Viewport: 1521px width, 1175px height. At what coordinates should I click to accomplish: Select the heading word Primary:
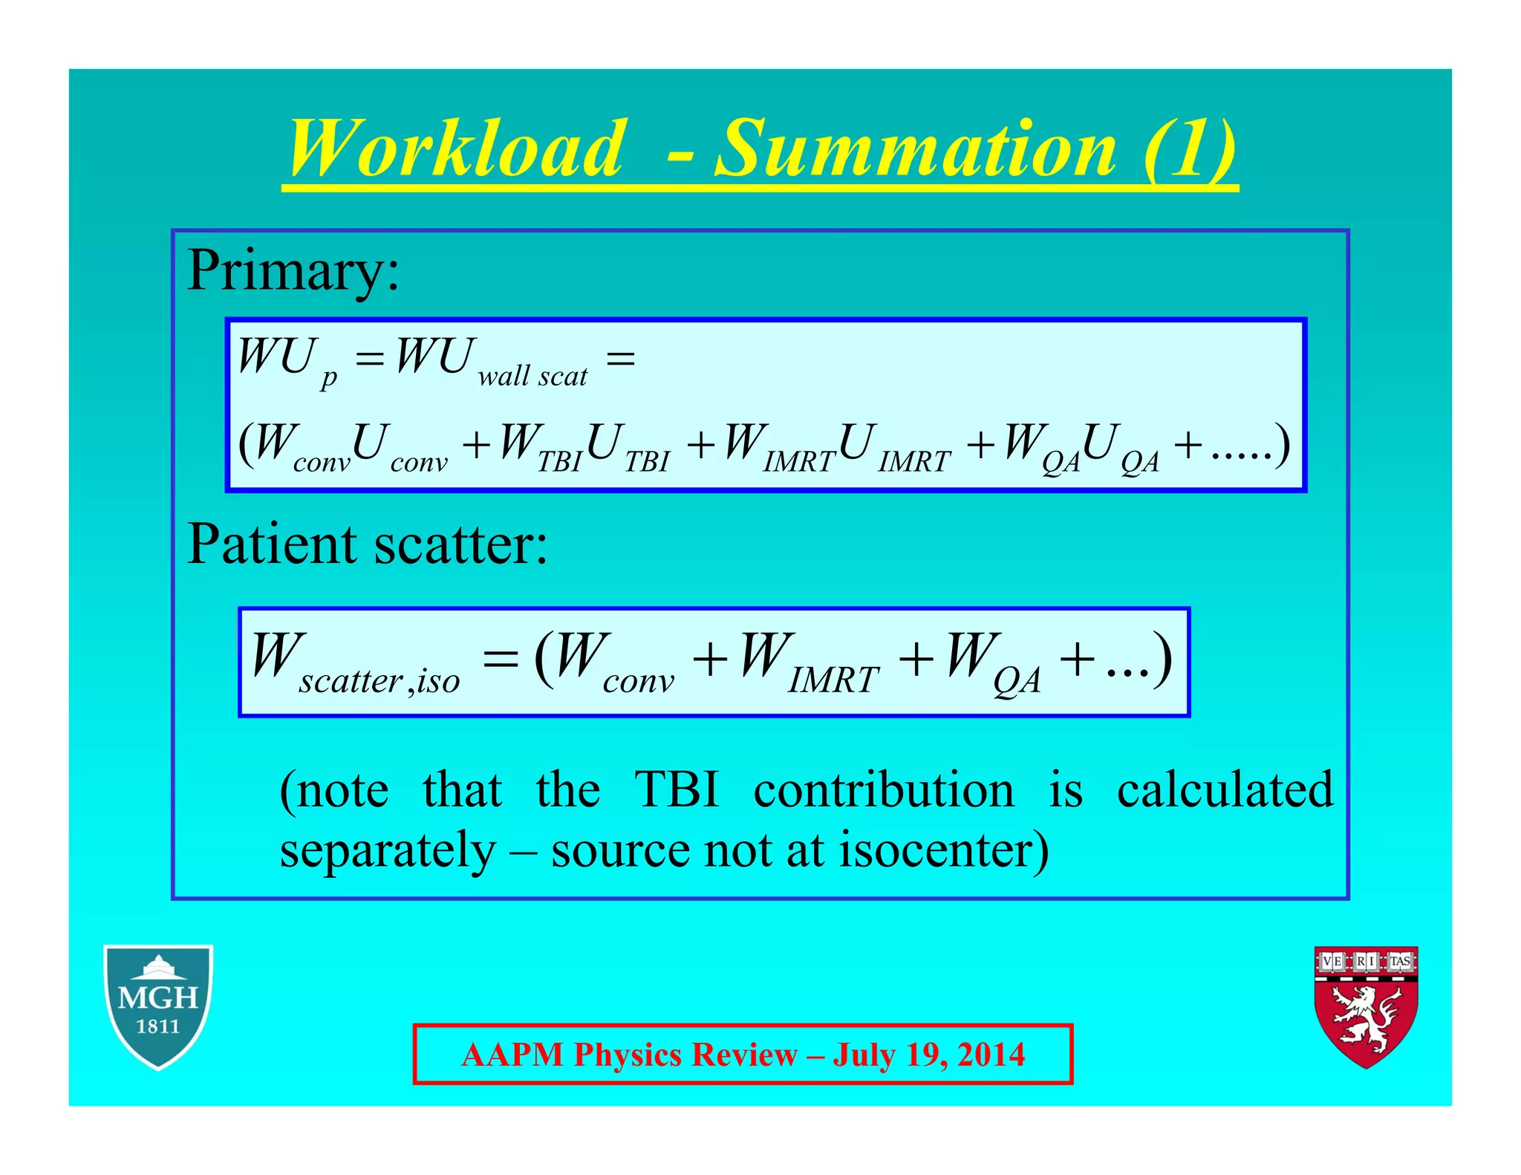(x=293, y=271)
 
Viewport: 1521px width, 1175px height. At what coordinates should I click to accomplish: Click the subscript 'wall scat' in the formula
(x=532, y=377)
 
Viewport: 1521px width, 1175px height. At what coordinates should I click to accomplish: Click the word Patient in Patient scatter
(x=272, y=544)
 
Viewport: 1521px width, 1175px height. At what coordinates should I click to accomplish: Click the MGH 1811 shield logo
(x=158, y=1006)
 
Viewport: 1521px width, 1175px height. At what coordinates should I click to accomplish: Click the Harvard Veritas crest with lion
(x=1366, y=1006)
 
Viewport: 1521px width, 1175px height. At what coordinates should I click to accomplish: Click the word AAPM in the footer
(x=512, y=1055)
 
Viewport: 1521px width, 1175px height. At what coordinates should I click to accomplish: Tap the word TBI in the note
(x=677, y=790)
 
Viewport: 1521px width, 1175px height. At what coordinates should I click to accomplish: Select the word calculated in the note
(x=1225, y=790)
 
